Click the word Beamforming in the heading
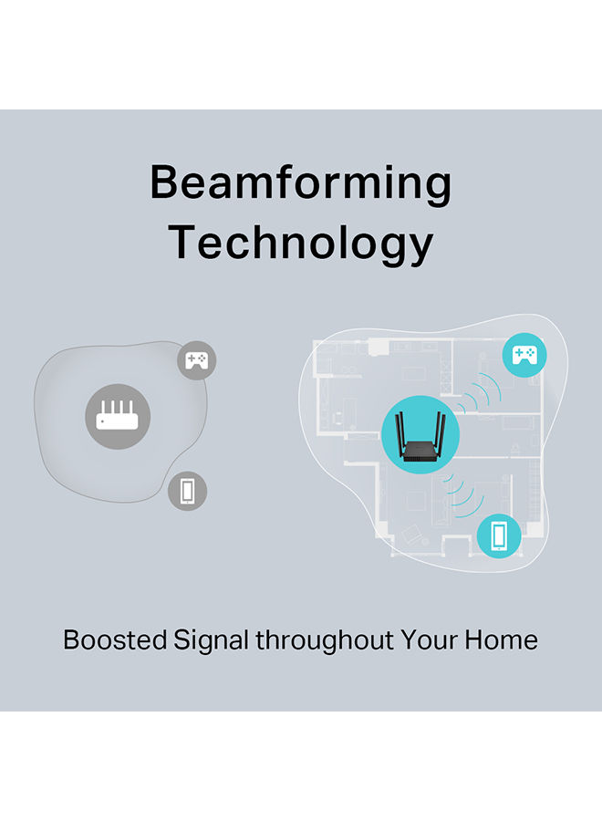click(300, 183)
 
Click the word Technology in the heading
click(300, 244)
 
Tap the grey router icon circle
click(118, 416)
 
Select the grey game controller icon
click(197, 360)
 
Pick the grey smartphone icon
click(187, 491)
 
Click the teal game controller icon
click(524, 355)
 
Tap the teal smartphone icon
click(499, 535)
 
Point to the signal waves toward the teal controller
click(479, 392)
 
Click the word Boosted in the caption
click(115, 639)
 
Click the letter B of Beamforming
click(165, 182)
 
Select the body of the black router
click(420, 452)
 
